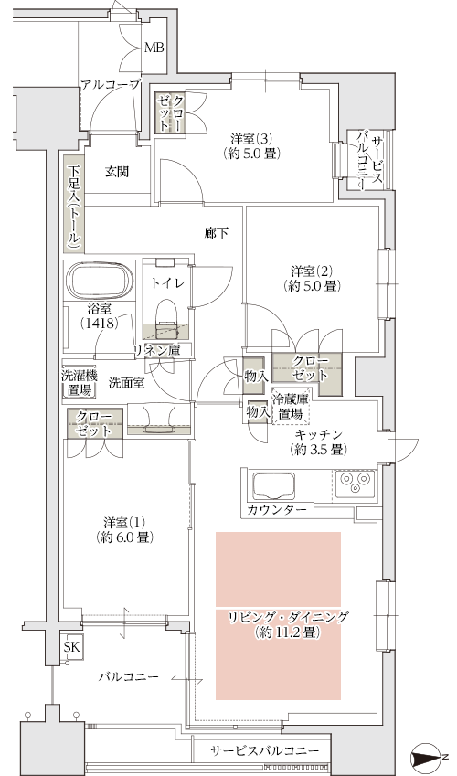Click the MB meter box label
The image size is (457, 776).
point(154,48)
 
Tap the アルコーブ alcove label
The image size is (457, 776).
point(111,85)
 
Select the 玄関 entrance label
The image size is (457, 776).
point(117,171)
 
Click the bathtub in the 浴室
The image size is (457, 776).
point(101,282)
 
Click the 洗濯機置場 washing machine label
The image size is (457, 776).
point(80,383)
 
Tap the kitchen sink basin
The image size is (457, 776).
point(274,486)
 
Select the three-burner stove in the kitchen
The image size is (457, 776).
point(355,483)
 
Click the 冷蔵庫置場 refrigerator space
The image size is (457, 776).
point(290,405)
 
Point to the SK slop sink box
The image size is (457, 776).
point(72,647)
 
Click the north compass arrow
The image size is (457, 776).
point(427,758)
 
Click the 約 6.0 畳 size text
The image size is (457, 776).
point(124,537)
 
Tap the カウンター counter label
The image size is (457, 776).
point(277,509)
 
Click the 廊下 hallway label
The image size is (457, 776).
point(217,232)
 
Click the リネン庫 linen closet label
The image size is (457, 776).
point(156,350)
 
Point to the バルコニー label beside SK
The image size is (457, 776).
point(128,676)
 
